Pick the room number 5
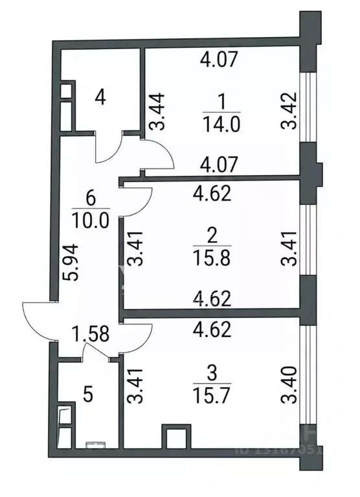click(89, 395)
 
